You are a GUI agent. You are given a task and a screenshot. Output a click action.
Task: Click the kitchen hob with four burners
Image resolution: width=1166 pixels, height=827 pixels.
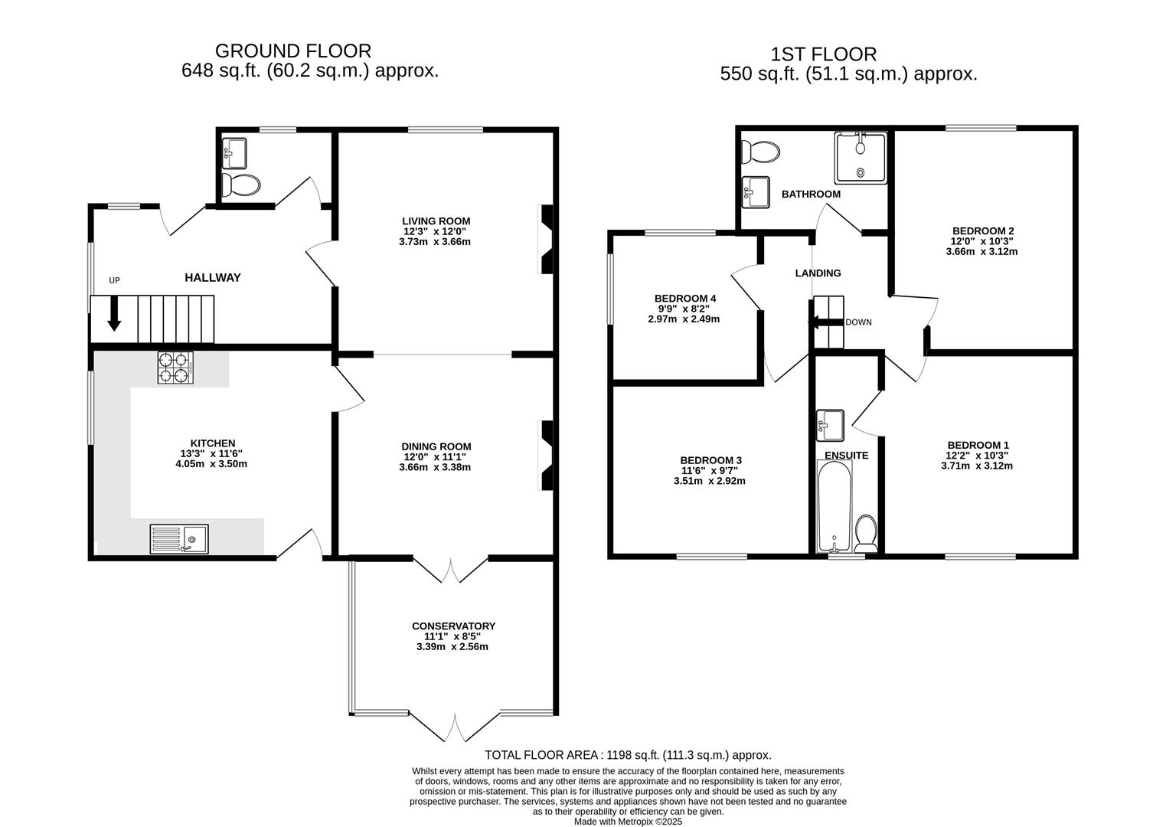(x=175, y=368)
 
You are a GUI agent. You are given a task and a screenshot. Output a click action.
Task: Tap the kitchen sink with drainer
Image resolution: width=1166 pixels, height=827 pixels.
(x=179, y=539)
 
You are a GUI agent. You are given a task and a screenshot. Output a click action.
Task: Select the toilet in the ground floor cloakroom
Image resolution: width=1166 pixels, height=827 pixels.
(x=240, y=185)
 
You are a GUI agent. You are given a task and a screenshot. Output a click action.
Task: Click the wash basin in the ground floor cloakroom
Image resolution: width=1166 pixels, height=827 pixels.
(x=234, y=153)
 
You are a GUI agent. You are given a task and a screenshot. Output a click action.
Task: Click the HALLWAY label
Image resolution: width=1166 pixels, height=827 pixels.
(x=213, y=277)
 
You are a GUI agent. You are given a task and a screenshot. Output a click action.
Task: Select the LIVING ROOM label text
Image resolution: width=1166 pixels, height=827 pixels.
(x=436, y=221)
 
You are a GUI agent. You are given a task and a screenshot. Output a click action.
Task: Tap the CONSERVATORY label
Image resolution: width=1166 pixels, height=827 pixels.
(x=453, y=626)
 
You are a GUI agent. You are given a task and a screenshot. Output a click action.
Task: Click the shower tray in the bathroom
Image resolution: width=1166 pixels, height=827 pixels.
(x=861, y=158)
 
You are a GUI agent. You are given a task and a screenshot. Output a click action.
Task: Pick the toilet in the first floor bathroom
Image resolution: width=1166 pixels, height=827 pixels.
(x=760, y=152)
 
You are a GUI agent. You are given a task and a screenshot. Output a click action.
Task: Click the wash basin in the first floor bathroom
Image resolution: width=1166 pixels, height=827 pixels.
(x=756, y=193)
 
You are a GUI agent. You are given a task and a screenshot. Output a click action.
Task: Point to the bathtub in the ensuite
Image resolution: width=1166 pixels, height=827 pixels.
(x=834, y=506)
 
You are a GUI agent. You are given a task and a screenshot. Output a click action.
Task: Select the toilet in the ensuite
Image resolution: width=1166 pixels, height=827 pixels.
(x=866, y=533)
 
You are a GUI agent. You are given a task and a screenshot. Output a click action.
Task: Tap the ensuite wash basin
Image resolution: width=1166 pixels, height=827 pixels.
(x=830, y=426)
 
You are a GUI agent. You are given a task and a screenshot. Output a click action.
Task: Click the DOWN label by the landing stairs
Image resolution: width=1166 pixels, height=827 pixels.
(x=858, y=322)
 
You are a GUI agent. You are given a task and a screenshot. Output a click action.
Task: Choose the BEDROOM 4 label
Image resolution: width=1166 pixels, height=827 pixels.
(x=685, y=299)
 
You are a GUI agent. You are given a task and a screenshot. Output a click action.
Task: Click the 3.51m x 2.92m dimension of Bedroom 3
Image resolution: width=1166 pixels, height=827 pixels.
(x=710, y=481)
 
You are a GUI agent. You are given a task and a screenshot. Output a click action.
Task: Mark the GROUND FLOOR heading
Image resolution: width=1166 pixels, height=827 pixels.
(x=293, y=51)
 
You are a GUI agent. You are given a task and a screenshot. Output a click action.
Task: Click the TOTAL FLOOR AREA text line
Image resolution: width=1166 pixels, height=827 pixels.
(x=629, y=755)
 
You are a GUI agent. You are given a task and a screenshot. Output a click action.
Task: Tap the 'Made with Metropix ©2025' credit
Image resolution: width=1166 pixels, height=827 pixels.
(x=628, y=822)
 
